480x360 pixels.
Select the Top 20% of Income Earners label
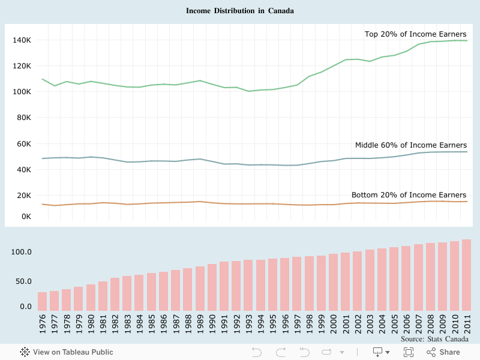coord(415,34)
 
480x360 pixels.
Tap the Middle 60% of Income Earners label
coord(410,145)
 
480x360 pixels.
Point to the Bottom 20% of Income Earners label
coord(409,195)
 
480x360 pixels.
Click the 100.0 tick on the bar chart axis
coord(22,252)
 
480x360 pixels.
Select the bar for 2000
coord(333,282)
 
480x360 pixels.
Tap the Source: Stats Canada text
coord(434,340)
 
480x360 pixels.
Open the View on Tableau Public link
coord(67,352)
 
